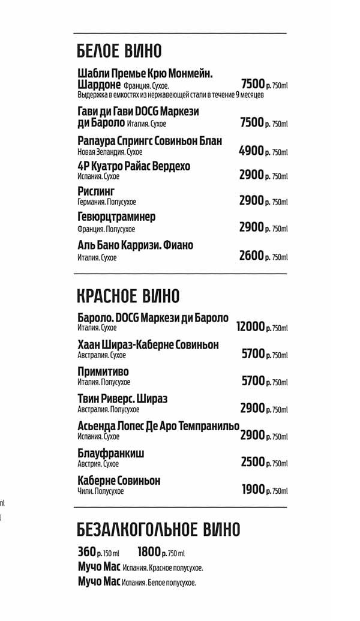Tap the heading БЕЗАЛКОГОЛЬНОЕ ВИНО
pyautogui.click(x=158, y=530)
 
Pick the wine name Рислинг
pyautogui.click(x=95, y=191)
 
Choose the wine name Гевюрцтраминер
pyautogui.click(x=116, y=217)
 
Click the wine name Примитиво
pyautogui.click(x=103, y=371)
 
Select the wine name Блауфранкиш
pyautogui.click(x=111, y=454)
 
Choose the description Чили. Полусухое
pyautogui.click(x=101, y=491)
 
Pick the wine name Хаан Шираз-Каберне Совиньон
pyautogui.click(x=148, y=344)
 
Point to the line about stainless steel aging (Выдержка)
pyautogui.click(x=170, y=95)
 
